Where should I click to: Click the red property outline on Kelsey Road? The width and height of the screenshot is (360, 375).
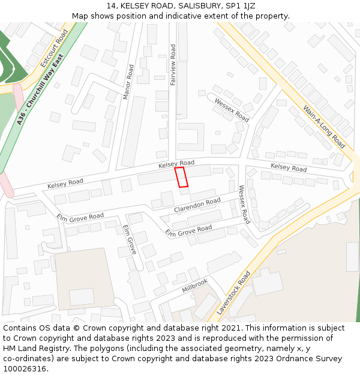click(x=181, y=178)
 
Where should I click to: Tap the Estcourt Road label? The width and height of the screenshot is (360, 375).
click(x=55, y=49)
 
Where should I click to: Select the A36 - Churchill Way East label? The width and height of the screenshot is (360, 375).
click(x=40, y=89)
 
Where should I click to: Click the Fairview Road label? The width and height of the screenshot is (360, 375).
click(x=173, y=64)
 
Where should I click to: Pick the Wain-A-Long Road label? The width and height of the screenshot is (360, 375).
click(x=324, y=127)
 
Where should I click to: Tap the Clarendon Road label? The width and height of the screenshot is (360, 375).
click(x=197, y=205)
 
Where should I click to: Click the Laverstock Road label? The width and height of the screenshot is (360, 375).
click(x=233, y=293)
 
